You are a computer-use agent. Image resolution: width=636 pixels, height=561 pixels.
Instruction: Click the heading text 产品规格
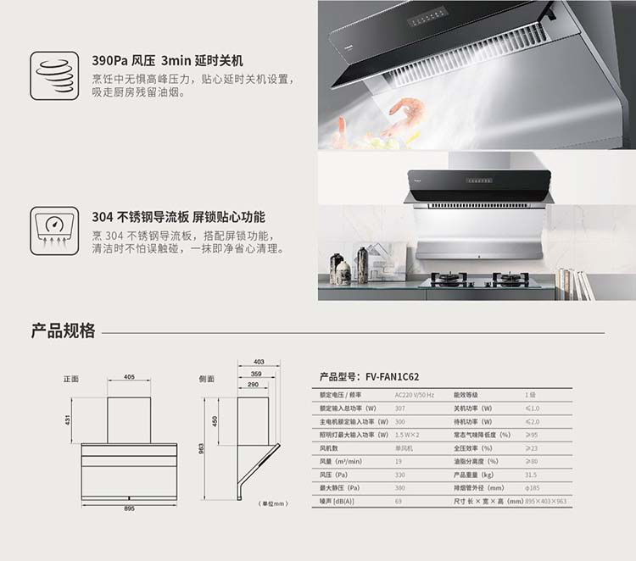point(64,331)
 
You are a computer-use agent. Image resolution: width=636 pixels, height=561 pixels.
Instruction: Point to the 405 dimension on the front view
point(129,377)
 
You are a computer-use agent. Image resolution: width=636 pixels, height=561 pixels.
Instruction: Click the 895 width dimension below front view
point(128,508)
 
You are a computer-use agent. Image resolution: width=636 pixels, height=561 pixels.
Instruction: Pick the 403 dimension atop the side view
point(259,362)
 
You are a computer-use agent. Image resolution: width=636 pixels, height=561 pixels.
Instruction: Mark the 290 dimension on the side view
point(253,385)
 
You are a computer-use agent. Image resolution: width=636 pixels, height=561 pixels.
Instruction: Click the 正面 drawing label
point(70,378)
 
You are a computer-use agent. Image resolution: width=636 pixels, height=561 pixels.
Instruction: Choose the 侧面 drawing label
point(206,378)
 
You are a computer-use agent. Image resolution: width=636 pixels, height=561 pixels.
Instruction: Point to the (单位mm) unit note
point(274,503)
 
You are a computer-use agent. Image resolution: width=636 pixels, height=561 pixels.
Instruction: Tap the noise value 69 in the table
point(399,502)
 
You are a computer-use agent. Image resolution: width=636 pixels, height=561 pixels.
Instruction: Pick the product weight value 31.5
point(531,475)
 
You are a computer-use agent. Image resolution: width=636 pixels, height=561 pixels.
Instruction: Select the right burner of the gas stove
point(510,278)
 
